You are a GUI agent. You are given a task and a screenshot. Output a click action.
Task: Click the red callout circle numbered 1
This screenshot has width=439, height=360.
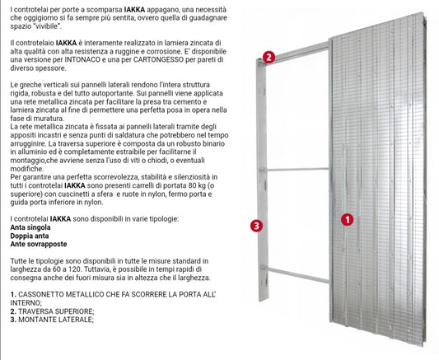(348, 220)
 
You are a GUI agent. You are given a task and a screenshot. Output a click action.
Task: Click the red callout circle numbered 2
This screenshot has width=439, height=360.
(269, 57)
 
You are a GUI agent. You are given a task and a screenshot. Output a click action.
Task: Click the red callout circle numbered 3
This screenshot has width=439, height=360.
(256, 225)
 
